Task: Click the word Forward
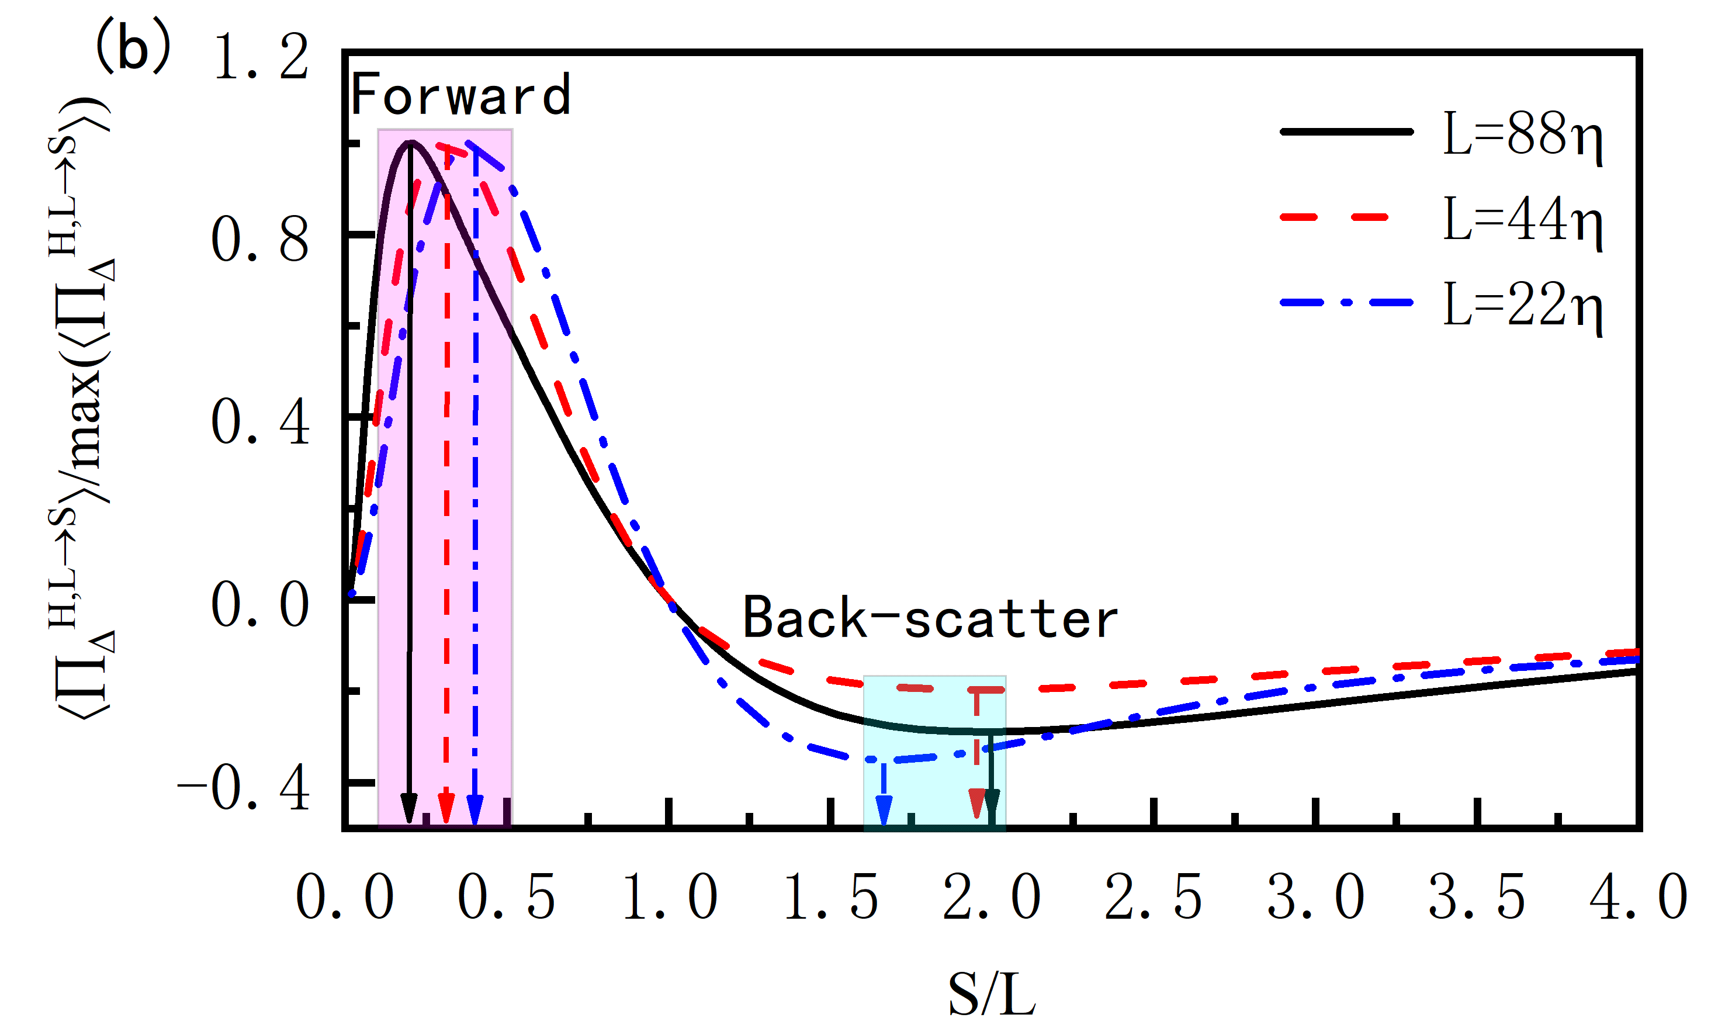(x=460, y=95)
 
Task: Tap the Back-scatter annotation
(x=930, y=618)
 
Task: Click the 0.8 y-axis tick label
(x=259, y=241)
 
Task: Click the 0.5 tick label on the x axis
(x=505, y=898)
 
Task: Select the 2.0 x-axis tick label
(x=991, y=898)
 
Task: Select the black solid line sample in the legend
(x=1346, y=131)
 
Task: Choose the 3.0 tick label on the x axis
(x=1315, y=898)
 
